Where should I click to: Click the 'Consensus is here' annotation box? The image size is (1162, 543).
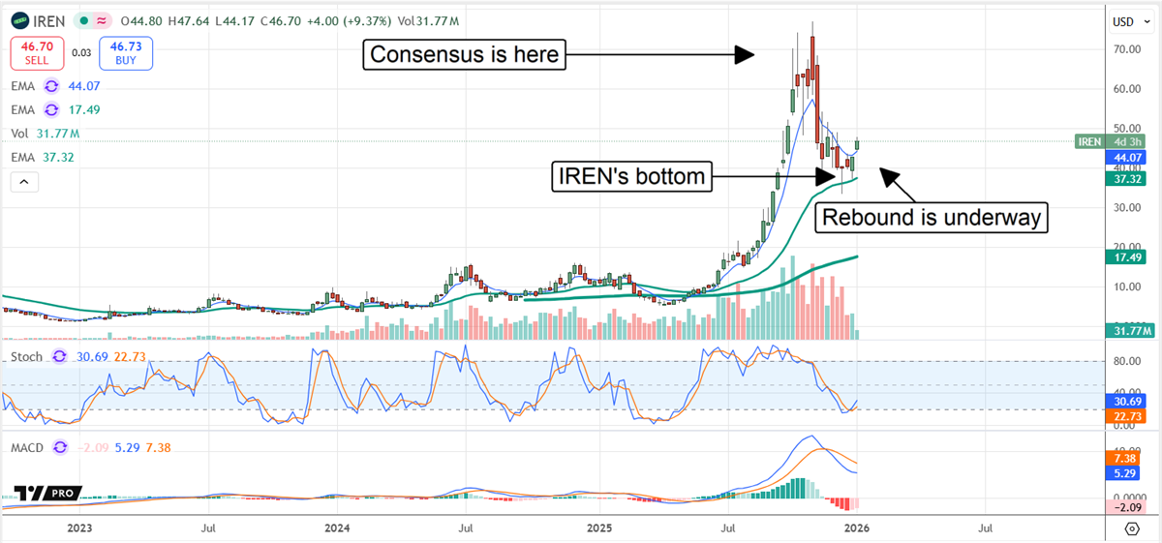pos(465,55)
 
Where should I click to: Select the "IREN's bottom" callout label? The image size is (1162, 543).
pos(628,176)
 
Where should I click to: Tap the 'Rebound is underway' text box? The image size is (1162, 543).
pos(932,218)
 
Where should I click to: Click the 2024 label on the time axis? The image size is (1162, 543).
pos(337,528)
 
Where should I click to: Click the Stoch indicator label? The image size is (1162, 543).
pos(26,357)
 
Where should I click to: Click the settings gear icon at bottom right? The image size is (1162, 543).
pos(1131,528)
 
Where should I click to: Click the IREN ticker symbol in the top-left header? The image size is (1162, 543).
pos(47,20)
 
